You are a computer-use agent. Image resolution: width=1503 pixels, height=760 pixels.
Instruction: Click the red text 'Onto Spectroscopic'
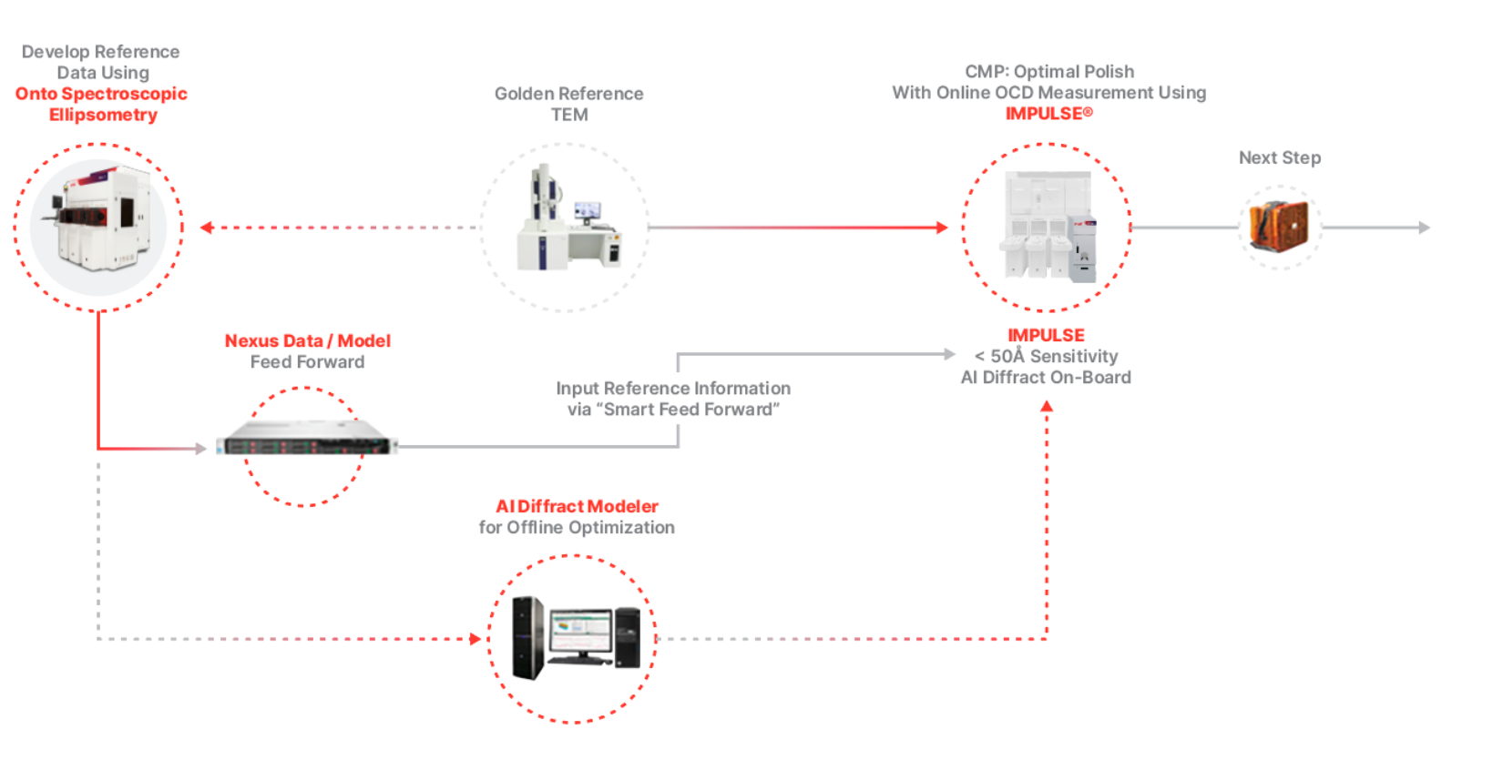101,94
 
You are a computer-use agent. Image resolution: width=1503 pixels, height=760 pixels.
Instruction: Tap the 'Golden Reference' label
568,94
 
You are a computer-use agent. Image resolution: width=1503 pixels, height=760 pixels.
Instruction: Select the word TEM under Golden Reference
569,115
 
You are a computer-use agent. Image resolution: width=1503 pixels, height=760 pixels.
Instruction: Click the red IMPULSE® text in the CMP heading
1048,114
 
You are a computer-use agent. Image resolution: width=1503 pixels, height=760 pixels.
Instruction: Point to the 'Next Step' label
1279,157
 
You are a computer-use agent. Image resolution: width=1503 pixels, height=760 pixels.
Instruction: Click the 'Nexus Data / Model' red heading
307,340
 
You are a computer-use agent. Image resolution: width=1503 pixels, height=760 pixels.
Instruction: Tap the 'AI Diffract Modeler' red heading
577,506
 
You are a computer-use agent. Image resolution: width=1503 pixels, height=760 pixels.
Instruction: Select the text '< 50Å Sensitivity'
1046,356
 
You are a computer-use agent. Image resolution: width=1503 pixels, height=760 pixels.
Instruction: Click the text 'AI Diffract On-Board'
1046,377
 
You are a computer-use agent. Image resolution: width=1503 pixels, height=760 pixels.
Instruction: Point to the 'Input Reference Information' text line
673,388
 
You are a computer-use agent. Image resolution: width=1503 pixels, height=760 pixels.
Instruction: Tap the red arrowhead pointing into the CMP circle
942,228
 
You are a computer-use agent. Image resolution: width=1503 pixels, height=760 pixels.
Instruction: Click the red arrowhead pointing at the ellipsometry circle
207,228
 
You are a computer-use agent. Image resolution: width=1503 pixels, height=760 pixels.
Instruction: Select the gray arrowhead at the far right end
1425,228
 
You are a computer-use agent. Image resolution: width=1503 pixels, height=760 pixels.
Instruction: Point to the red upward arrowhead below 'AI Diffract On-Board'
1047,406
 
